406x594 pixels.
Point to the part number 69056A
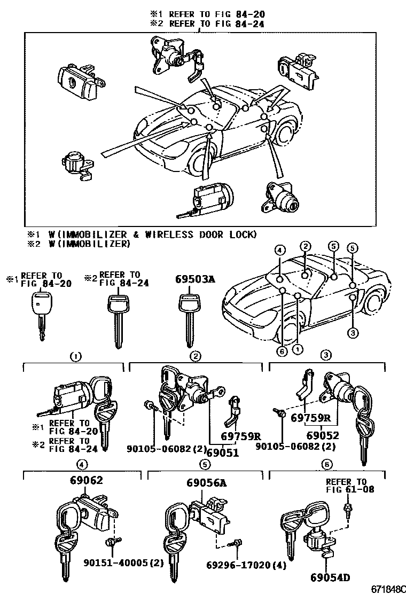coord(206,483)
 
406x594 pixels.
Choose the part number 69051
coord(223,453)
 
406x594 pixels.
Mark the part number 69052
coord(322,436)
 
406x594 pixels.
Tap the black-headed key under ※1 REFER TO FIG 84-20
coord(41,312)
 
